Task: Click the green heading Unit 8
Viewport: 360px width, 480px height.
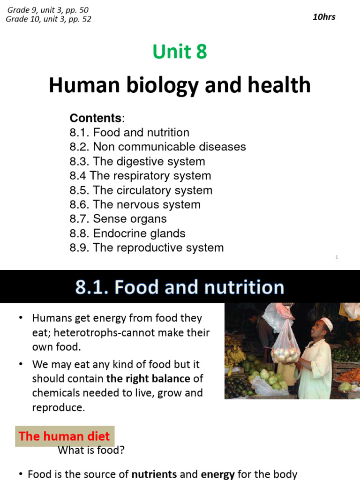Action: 180,52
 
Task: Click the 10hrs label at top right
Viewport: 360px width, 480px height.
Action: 324,17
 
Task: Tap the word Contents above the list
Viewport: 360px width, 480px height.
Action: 95,118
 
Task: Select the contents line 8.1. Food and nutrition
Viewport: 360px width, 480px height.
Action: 129,133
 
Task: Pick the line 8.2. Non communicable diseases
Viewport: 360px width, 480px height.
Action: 157,147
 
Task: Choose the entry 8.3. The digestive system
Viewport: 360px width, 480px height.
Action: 137,161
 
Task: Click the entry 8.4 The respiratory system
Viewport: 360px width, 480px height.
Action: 140,176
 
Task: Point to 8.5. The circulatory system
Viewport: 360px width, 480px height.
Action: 141,190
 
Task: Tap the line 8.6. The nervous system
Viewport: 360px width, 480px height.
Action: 135,204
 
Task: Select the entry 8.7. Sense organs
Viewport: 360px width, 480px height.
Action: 118,219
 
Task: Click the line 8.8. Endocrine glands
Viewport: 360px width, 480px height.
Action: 127,233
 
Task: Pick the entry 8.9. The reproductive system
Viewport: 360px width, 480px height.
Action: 147,247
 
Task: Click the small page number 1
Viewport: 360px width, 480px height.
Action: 337,257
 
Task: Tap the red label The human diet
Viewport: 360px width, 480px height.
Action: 64,436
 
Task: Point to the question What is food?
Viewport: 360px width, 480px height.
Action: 91,450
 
